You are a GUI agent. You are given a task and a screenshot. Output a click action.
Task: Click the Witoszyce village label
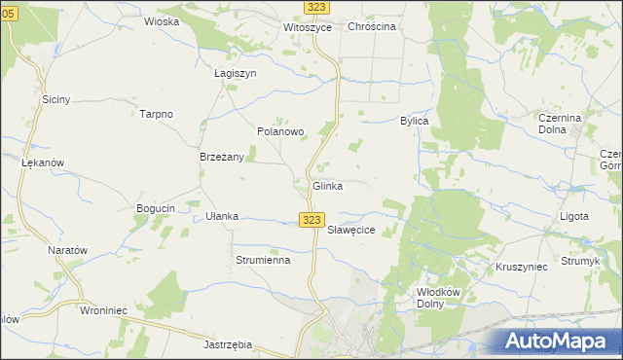pyautogui.click(x=308, y=27)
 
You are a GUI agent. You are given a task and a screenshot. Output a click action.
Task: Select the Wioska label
pyautogui.click(x=161, y=20)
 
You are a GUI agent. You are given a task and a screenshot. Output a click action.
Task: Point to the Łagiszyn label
pyautogui.click(x=235, y=73)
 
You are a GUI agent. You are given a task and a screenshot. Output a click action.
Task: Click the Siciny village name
pyautogui.click(x=55, y=99)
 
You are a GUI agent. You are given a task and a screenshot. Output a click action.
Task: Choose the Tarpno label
pyautogui.click(x=156, y=114)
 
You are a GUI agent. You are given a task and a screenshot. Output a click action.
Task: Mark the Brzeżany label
pyautogui.click(x=221, y=157)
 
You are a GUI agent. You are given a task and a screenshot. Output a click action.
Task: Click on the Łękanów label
pyautogui.click(x=43, y=162)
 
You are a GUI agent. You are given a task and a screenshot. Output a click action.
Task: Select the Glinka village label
pyautogui.click(x=327, y=186)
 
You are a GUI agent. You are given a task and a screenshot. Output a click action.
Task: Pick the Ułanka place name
pyautogui.click(x=222, y=216)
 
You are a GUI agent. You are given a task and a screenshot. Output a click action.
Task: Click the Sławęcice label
pyautogui.click(x=350, y=231)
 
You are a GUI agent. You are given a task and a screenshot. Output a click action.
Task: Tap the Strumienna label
pyautogui.click(x=263, y=260)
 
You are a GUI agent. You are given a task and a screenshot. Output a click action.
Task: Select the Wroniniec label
pyautogui.click(x=105, y=312)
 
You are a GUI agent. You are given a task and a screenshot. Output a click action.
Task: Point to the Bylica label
pyautogui.click(x=415, y=121)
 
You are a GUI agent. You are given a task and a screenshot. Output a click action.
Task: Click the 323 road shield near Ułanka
pyautogui.click(x=311, y=221)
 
